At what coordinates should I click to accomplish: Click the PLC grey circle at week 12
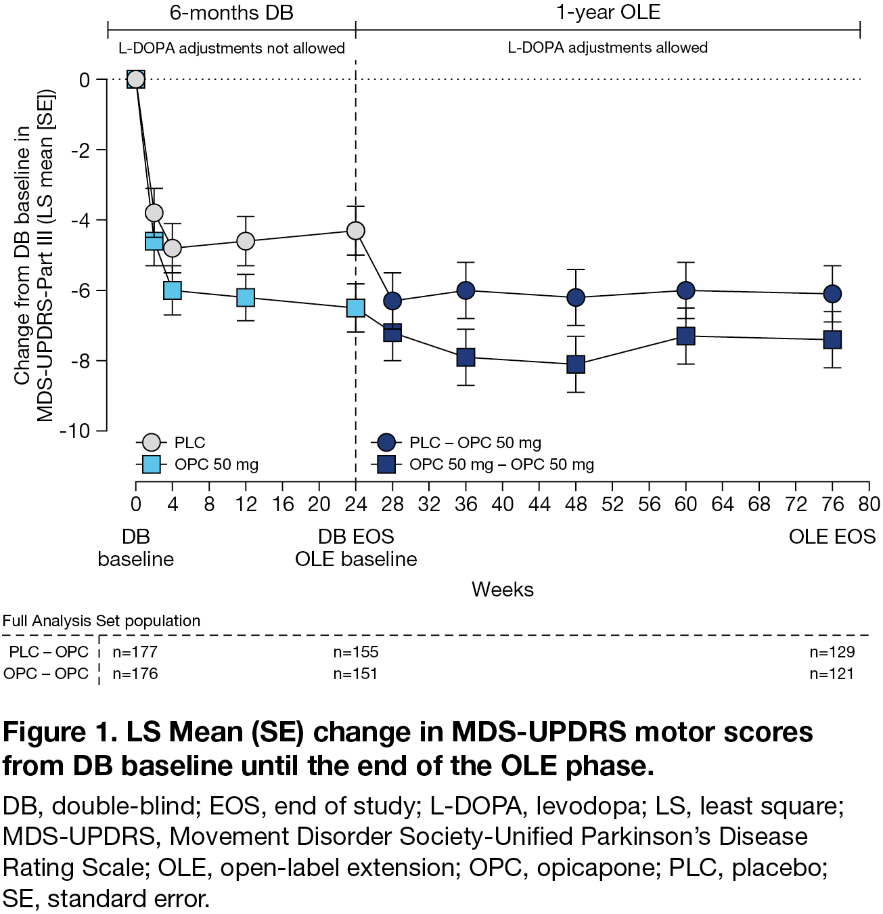point(246,241)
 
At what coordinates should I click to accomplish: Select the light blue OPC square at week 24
point(356,308)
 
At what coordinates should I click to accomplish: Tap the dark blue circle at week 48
point(576,297)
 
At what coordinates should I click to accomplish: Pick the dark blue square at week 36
point(466,357)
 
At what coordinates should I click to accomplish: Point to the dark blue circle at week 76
point(832,294)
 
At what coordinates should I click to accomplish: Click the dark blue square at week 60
point(686,336)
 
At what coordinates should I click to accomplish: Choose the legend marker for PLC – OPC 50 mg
point(386,443)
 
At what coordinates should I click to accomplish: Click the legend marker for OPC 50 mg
point(151,464)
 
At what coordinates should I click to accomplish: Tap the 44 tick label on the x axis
point(539,504)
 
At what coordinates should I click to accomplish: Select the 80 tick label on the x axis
point(869,504)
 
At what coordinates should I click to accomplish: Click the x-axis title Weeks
point(503,590)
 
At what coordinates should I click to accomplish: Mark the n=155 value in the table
point(356,652)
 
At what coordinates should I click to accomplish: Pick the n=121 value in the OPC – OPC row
point(832,674)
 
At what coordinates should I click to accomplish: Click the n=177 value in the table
point(135,652)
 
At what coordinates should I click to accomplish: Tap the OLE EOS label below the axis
point(832,537)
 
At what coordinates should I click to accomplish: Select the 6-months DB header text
point(231,13)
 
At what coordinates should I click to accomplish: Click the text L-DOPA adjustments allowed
point(608,47)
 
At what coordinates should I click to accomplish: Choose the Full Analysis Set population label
point(101,621)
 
